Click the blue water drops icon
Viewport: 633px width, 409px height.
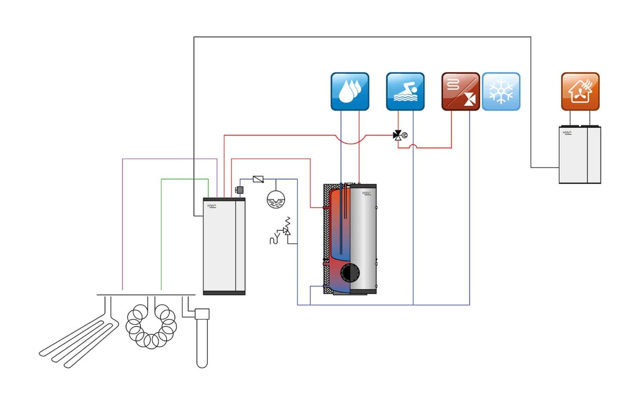[x=349, y=91]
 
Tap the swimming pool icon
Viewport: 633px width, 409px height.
[x=405, y=91]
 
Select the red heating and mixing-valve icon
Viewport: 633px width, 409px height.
[x=460, y=91]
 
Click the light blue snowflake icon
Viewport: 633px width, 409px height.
[x=501, y=91]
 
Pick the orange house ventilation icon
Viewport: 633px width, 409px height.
[x=580, y=91]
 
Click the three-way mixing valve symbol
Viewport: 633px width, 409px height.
[x=398, y=135]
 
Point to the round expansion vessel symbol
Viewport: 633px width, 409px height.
[x=276, y=199]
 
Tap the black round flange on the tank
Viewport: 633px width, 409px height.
[x=350, y=273]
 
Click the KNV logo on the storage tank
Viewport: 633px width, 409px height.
[x=367, y=193]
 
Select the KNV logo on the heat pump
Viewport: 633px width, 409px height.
[x=212, y=206]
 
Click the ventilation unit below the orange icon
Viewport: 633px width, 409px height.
[x=579, y=155]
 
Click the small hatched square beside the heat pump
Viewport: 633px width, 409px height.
[x=240, y=190]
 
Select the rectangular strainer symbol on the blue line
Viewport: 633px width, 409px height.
[x=258, y=179]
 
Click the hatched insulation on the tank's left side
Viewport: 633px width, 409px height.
[x=327, y=237]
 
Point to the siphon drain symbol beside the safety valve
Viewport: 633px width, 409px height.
[x=274, y=239]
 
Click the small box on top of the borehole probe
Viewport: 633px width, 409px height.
[x=202, y=314]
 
